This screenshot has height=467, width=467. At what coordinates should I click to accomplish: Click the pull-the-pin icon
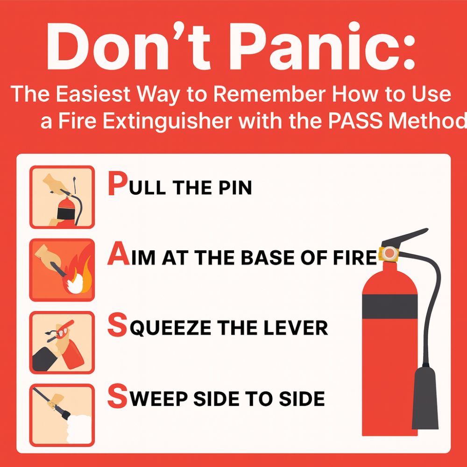62,197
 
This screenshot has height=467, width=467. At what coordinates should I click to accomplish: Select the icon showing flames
62,270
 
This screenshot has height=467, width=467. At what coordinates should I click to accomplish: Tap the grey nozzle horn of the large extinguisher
425,402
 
